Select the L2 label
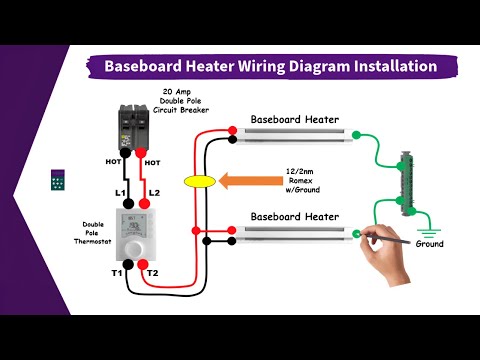click(154, 191)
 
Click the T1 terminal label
click(117, 272)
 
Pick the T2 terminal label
click(152, 272)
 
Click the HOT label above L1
click(115, 160)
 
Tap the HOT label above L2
click(153, 160)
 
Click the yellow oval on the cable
click(200, 182)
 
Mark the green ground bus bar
click(406, 182)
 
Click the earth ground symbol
click(430, 227)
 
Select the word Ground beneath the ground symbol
click(430, 244)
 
